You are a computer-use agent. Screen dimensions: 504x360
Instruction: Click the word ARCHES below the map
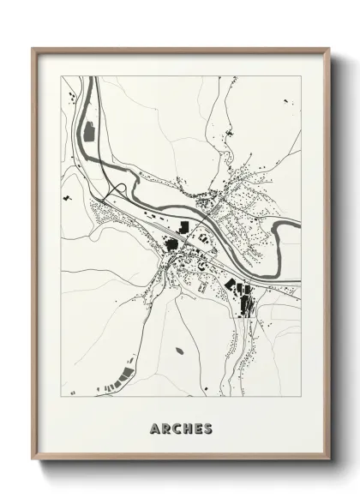(180, 427)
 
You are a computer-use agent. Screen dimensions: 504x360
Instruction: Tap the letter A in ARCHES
(154, 427)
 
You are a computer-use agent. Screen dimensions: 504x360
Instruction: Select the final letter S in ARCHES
(207, 427)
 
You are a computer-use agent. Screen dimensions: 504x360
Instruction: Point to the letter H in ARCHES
(186, 427)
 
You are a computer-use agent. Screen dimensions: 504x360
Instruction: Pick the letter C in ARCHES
(176, 427)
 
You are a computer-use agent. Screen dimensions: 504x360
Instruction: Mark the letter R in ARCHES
(165, 427)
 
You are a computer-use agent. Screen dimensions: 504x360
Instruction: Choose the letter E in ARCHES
(196, 427)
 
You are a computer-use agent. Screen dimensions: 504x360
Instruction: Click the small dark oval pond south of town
(178, 350)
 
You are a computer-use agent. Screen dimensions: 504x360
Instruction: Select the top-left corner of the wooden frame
(33, 49)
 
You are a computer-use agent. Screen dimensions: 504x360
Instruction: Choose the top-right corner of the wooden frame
(328, 49)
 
